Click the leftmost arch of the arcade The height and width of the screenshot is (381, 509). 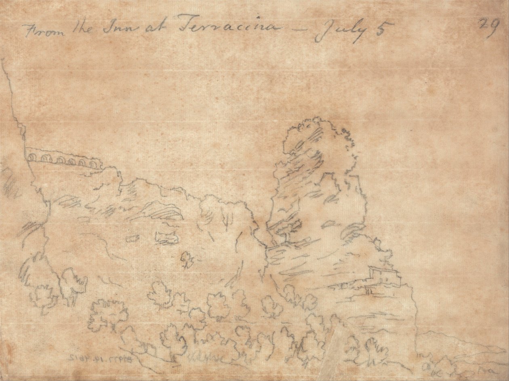(x=32, y=156)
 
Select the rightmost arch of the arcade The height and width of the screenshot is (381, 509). (x=94, y=163)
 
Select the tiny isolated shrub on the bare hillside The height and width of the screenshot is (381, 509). (x=187, y=259)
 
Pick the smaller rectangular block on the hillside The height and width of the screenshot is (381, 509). (x=133, y=238)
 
